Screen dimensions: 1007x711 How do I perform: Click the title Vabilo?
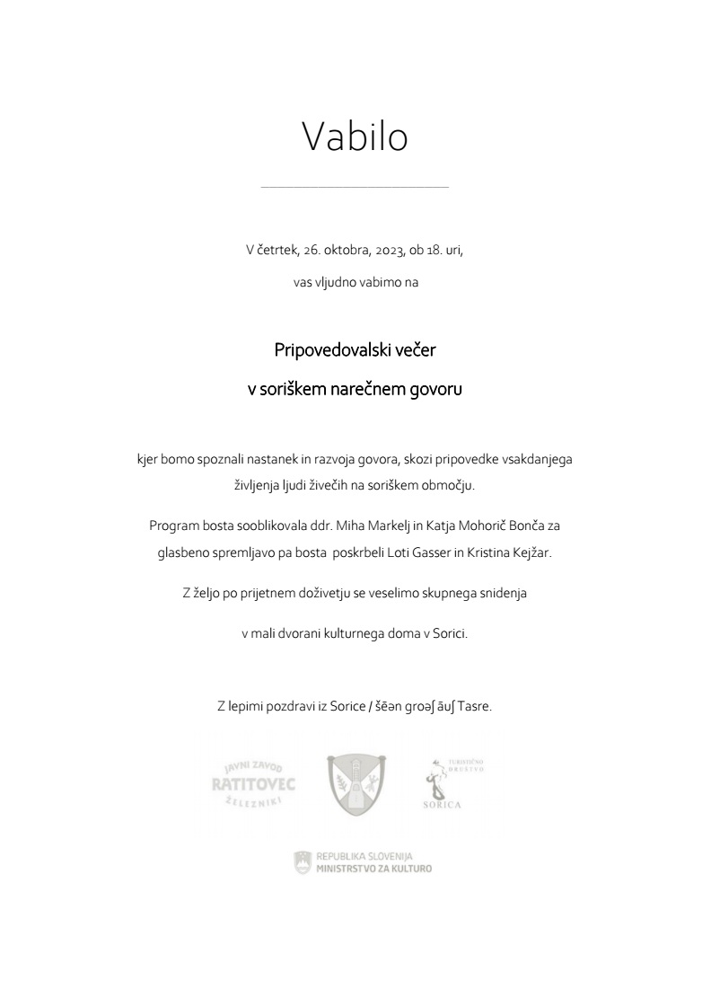point(355,137)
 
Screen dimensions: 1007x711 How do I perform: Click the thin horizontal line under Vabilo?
point(355,188)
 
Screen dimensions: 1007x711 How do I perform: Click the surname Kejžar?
point(530,553)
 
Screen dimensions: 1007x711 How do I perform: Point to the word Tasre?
point(475,706)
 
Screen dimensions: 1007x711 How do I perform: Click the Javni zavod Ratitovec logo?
point(252,784)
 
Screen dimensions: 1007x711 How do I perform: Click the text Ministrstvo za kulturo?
point(373,869)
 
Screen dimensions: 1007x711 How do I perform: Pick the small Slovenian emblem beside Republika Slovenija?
point(303,862)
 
